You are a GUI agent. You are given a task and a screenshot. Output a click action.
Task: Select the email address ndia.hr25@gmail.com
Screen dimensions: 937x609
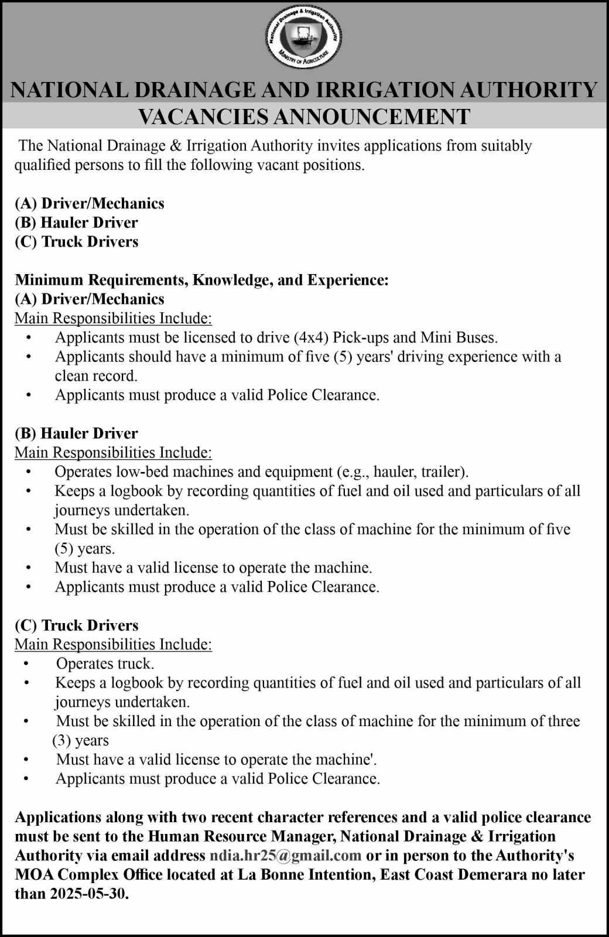[x=285, y=856]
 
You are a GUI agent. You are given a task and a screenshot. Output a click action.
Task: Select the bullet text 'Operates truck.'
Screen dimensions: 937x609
[x=105, y=664]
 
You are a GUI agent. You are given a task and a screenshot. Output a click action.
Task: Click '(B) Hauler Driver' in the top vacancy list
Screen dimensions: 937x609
[x=76, y=223]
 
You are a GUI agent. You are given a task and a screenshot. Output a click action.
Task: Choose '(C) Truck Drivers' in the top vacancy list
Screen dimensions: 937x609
[x=76, y=242]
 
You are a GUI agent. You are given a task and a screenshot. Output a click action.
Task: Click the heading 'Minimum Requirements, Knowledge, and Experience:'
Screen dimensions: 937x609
[x=201, y=280]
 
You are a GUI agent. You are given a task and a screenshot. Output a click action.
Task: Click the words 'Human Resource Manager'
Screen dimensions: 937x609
[x=238, y=836]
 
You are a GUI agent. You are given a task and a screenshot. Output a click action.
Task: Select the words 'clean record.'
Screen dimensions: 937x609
[x=96, y=375]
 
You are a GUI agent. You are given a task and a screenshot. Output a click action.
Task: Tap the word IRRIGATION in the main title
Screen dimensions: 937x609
[x=375, y=90]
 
